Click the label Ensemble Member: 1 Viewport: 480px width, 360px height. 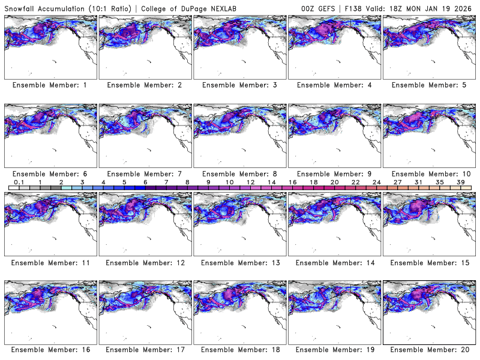tap(50, 85)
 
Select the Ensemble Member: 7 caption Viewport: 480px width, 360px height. tap(145, 173)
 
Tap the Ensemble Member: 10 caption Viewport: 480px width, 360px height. tap(430, 173)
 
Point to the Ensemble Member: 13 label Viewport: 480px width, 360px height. tap(239, 262)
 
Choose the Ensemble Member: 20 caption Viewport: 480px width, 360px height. tap(430, 350)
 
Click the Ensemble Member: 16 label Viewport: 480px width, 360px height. tap(50, 350)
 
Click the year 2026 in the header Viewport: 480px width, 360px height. tap(466, 8)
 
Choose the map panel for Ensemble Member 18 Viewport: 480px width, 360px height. tap(239, 311)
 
